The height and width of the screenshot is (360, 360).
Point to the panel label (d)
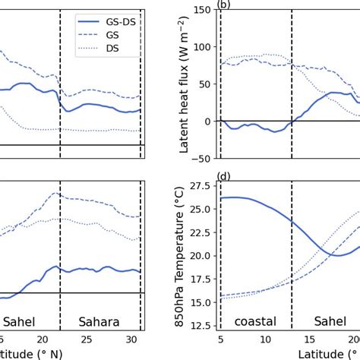click(223, 177)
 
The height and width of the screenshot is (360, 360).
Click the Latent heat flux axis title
click(184, 84)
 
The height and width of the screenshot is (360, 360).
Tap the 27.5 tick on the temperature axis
click(199, 186)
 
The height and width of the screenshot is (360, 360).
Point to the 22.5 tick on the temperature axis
click(199, 232)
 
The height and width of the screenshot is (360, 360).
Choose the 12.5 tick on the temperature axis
click(199, 326)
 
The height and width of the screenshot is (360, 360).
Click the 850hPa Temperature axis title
click(184, 254)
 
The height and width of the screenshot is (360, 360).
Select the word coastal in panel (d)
click(255, 321)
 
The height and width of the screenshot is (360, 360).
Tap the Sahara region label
click(99, 321)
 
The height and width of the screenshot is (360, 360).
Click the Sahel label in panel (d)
click(324, 321)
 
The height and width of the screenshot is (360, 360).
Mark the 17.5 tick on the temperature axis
click(199, 279)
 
